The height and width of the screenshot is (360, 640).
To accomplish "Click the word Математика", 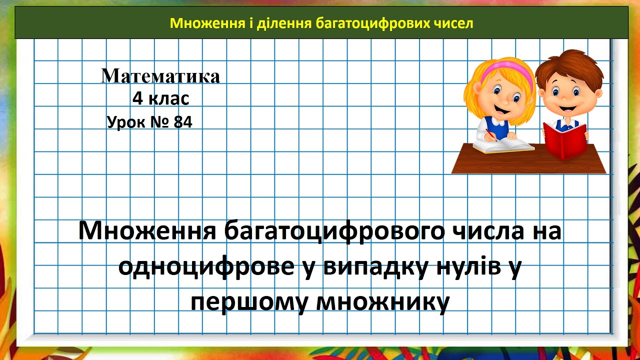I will point(160,76).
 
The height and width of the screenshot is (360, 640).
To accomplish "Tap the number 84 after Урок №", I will point(183,122).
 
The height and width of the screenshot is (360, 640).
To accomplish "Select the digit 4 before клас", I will point(137,99).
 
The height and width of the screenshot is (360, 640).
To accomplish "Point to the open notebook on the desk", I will point(502,145).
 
